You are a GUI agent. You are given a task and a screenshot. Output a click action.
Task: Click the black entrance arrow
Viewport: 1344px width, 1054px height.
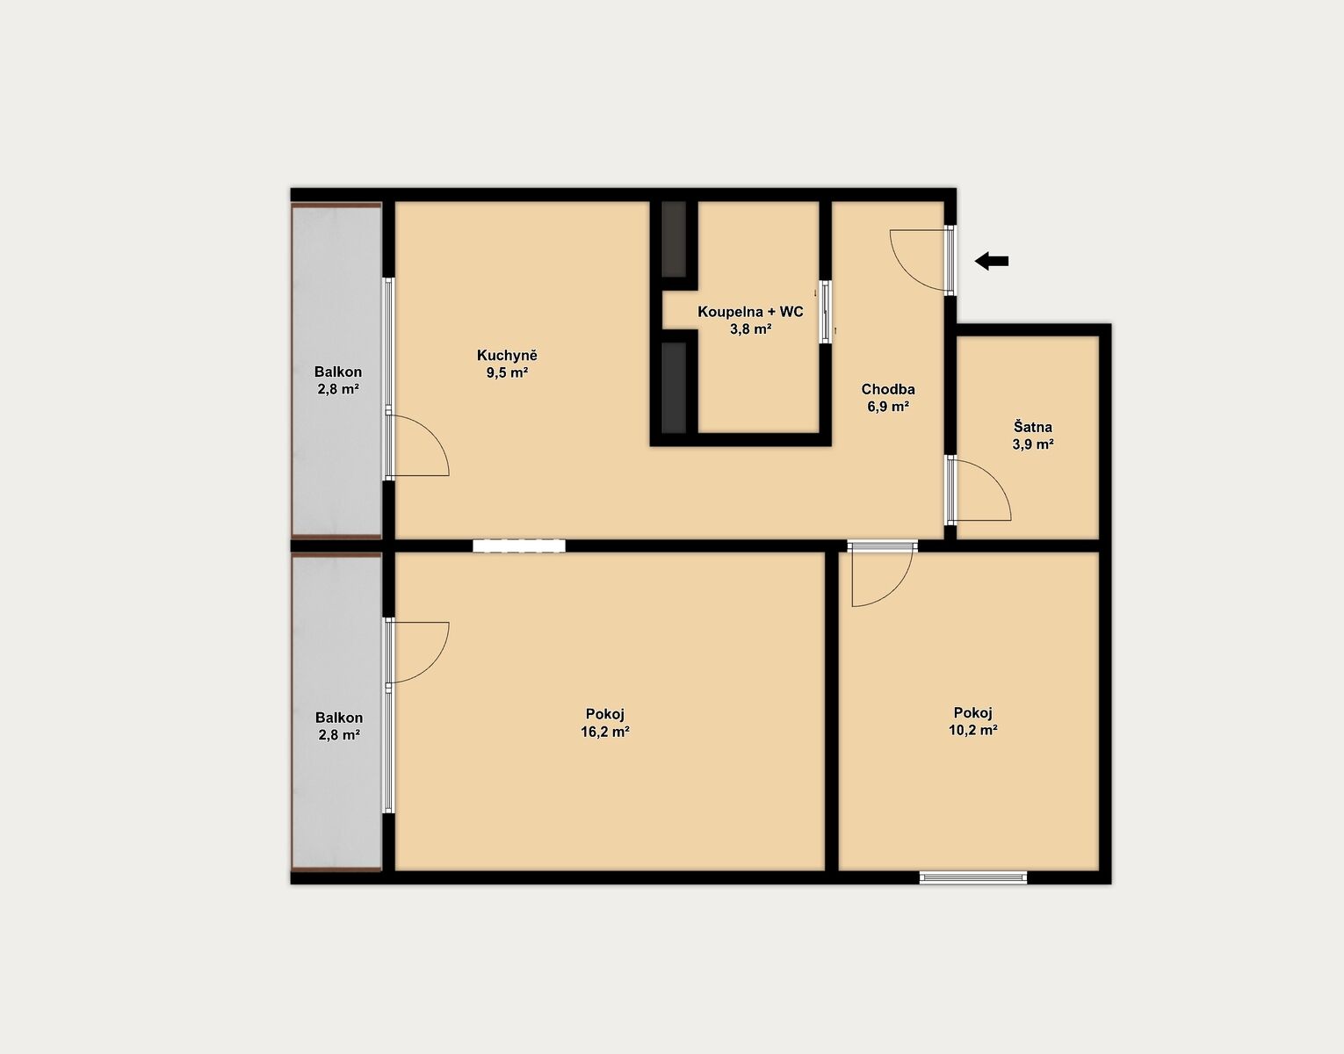pyautogui.click(x=992, y=261)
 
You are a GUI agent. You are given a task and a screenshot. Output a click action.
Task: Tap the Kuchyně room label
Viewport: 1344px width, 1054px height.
pyautogui.click(x=507, y=356)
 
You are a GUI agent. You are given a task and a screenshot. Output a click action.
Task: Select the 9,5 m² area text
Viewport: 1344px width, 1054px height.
pyautogui.click(x=507, y=372)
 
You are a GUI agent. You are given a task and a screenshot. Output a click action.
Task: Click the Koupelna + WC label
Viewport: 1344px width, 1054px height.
pyautogui.click(x=750, y=312)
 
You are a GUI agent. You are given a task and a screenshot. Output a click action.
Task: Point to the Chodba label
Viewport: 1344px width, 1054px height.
pyautogui.click(x=887, y=389)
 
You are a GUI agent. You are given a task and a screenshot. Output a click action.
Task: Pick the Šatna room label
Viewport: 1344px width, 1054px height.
pyautogui.click(x=1032, y=427)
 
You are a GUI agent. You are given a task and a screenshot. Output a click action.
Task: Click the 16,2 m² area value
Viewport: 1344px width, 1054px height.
pyautogui.click(x=605, y=732)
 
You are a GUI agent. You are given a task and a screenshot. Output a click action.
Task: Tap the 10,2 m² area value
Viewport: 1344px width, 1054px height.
pyautogui.click(x=973, y=730)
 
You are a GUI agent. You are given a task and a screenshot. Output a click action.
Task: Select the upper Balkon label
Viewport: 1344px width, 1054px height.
pyautogui.click(x=337, y=372)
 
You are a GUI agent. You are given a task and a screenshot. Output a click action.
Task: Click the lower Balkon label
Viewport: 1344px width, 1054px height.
pyautogui.click(x=338, y=718)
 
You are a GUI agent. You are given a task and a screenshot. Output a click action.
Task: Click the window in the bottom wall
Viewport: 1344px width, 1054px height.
pyautogui.click(x=973, y=877)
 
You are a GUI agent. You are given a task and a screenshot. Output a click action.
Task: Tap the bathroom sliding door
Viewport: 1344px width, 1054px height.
pyautogui.click(x=825, y=312)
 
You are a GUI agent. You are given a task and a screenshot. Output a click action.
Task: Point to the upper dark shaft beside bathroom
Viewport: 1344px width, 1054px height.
pyautogui.click(x=674, y=239)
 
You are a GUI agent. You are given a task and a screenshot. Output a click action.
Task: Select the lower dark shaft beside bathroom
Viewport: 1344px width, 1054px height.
pyautogui.click(x=674, y=387)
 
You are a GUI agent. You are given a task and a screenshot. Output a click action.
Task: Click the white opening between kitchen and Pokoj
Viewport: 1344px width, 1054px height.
pyautogui.click(x=519, y=545)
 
